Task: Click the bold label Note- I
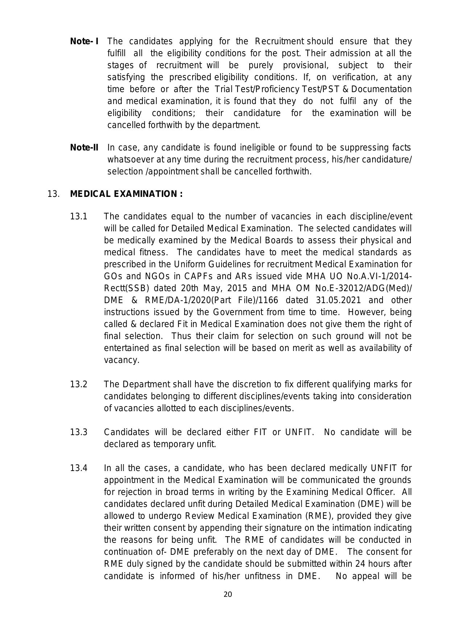point(84,41)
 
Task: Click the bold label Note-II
point(84,148)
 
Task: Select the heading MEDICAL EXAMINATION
point(126,194)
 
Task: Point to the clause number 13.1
point(79,217)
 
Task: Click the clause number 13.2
point(79,384)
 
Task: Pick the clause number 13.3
point(79,432)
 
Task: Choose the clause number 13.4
point(79,468)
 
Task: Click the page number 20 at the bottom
point(228,594)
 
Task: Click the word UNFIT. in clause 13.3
point(300,432)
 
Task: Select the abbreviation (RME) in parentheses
point(308,516)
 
